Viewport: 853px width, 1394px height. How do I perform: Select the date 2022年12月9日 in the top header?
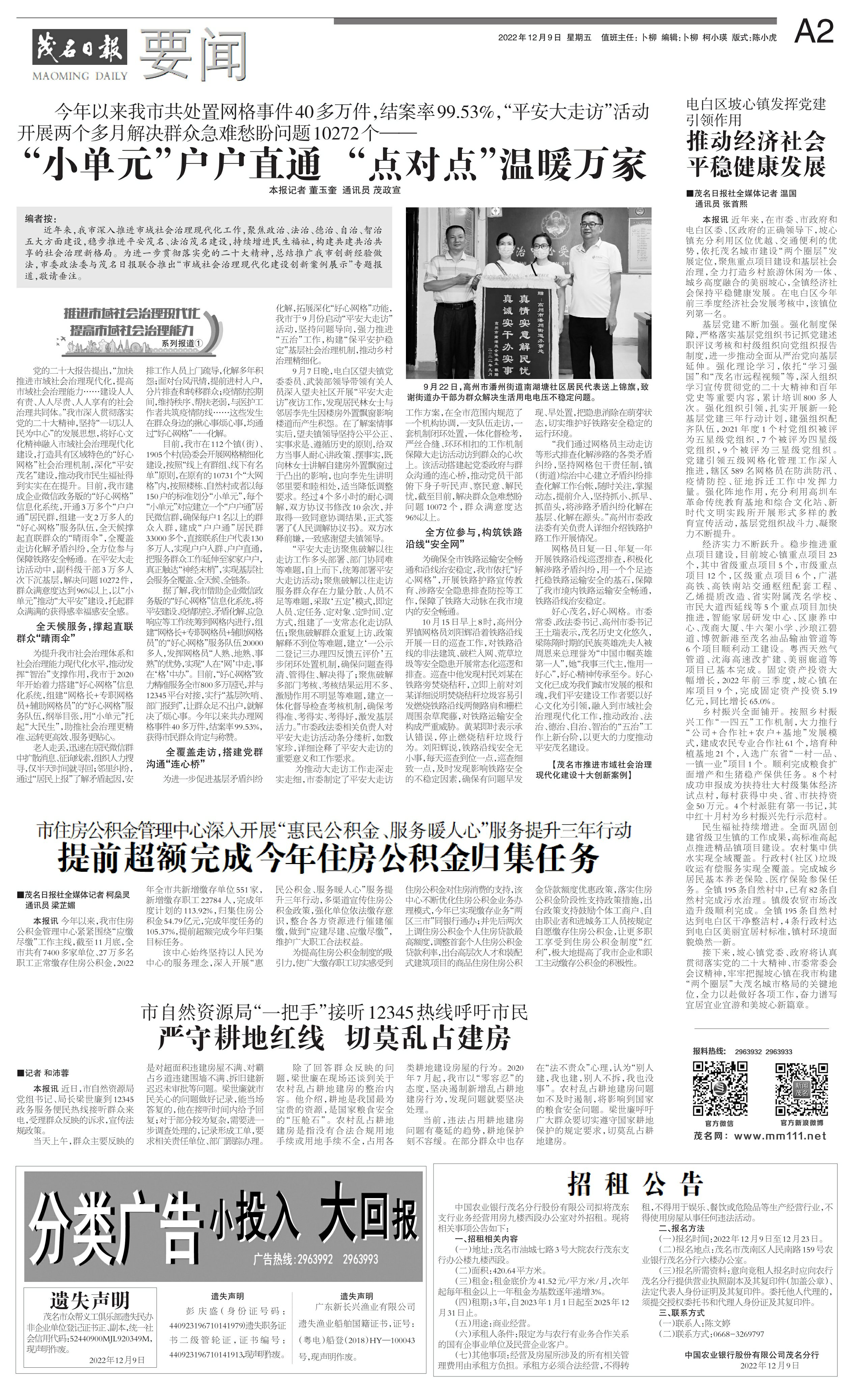point(529,38)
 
